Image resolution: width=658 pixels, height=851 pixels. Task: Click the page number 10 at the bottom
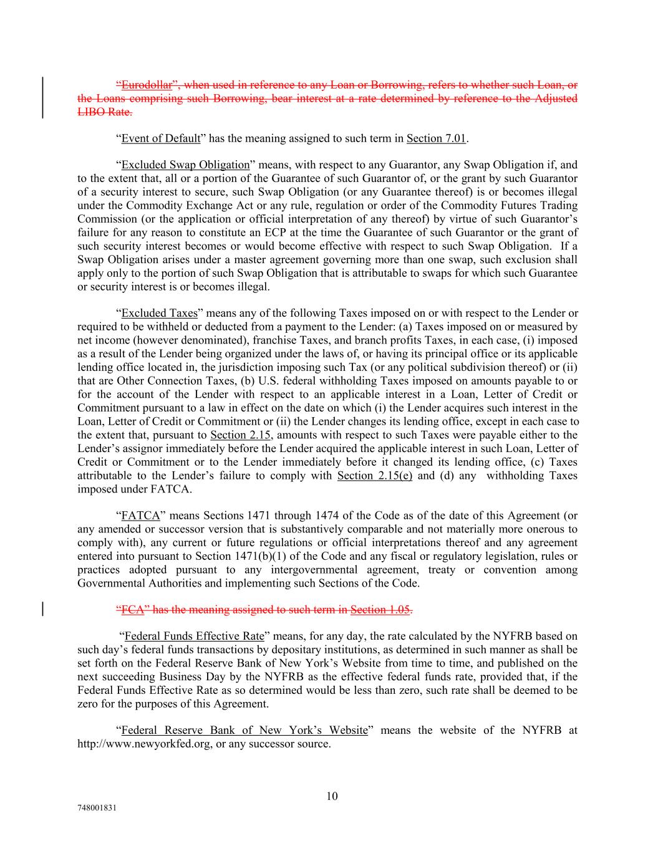pyautogui.click(x=332, y=796)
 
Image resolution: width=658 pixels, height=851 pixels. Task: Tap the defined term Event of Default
pyautogui.click(x=160, y=138)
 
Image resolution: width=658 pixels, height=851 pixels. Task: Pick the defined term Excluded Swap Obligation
pyautogui.click(x=185, y=165)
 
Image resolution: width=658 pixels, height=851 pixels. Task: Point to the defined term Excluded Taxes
pyautogui.click(x=159, y=313)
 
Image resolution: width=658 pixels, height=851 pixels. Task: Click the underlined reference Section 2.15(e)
pyautogui.click(x=374, y=476)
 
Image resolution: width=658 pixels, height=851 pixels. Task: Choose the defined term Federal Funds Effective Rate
pyautogui.click(x=194, y=637)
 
